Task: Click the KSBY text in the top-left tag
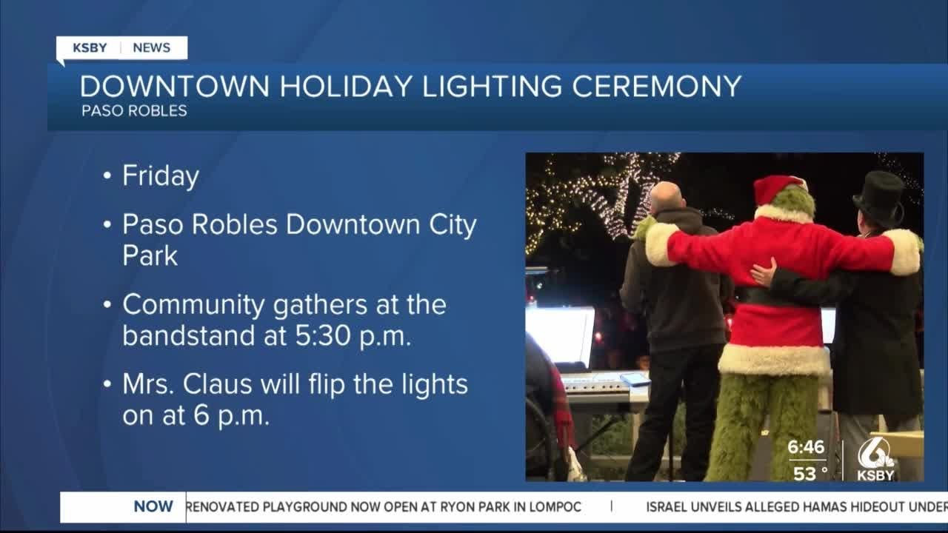pos(90,48)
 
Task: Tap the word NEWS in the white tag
pos(152,48)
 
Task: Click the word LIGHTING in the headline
pos(493,87)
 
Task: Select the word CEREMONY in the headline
pos(656,87)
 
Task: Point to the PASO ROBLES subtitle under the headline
pos(134,111)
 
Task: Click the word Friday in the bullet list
pos(161,176)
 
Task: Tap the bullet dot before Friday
pos(107,175)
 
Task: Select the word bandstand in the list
pos(189,336)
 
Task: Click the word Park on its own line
pos(150,255)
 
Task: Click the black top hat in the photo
pos(879,195)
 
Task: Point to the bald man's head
pos(667,197)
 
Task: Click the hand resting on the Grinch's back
pos(764,272)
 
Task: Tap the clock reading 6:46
pos(806,447)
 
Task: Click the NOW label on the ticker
pos(153,506)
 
